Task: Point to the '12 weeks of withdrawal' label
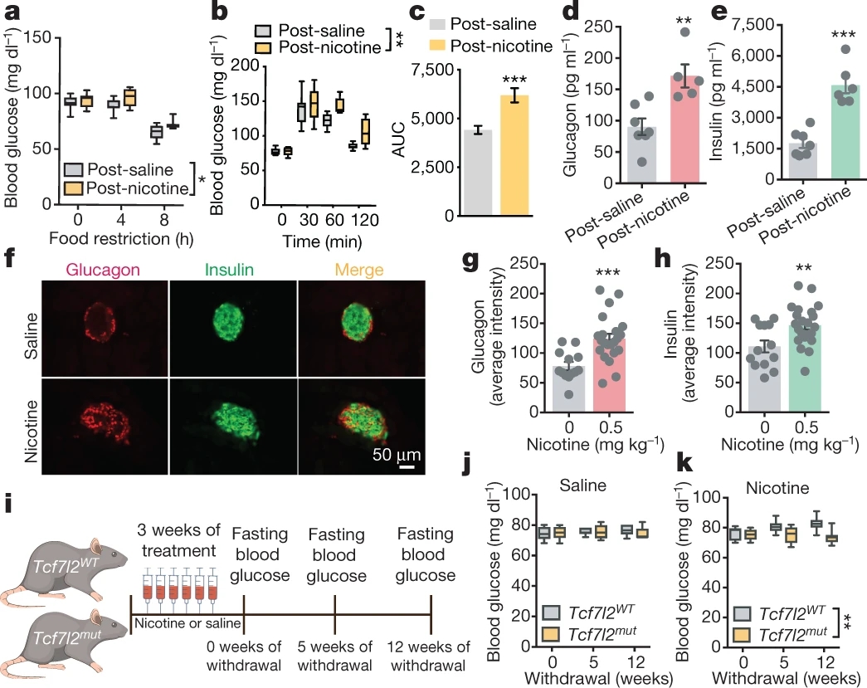pos(427,655)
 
